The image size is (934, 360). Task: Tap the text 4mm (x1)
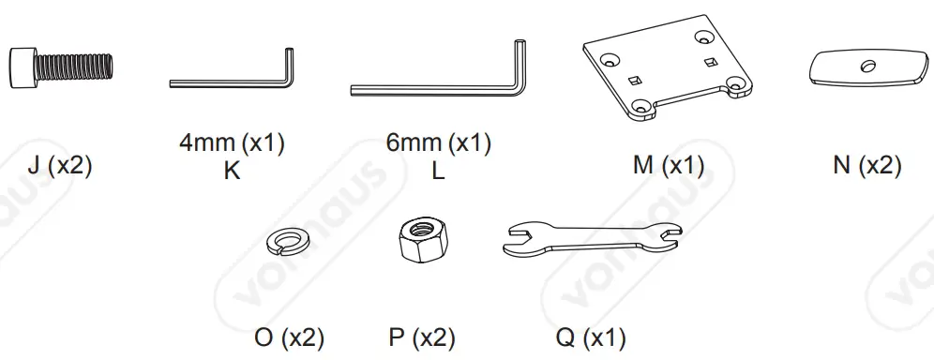click(232, 144)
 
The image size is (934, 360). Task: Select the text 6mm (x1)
click(439, 144)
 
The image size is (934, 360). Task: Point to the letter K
click(232, 172)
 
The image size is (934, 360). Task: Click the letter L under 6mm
click(439, 172)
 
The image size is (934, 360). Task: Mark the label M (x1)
click(669, 166)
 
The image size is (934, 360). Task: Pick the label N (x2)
click(867, 166)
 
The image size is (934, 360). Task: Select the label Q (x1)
click(591, 337)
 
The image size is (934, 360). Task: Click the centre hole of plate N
click(867, 66)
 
